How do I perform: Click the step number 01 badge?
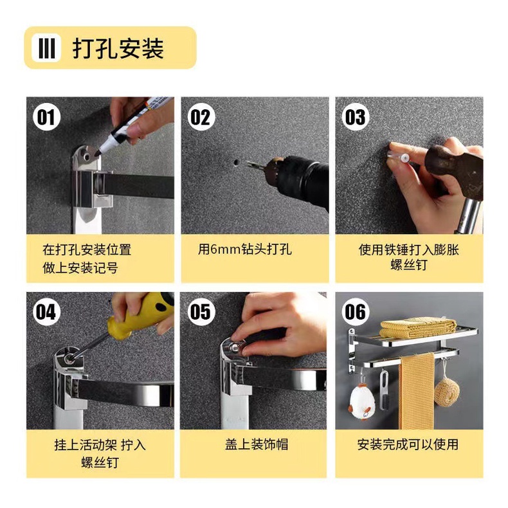coord(46,117)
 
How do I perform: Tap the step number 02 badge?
coord(201,117)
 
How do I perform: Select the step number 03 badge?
coord(356,117)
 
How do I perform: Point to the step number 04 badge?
coord(46,312)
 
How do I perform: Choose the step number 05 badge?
coord(201,312)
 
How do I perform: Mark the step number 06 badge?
coord(356,312)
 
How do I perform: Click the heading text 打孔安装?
coord(118,48)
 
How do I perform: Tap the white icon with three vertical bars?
coord(46,48)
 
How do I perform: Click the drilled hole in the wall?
coord(237,161)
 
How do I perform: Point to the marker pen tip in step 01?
coord(98,152)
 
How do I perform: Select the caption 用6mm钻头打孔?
coord(244,249)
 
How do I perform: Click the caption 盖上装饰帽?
coord(257,444)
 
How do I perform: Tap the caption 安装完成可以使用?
coord(408,444)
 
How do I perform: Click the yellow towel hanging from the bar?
coord(416,392)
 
